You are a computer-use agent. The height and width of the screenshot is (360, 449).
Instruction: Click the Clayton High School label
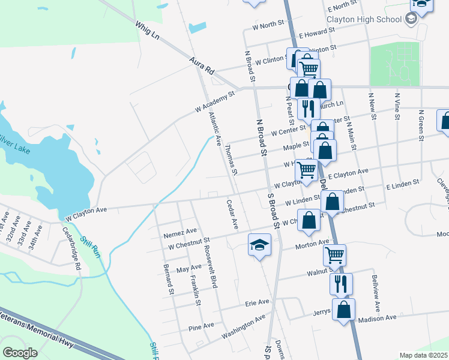point(364,19)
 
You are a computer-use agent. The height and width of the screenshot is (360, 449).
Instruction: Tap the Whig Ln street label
point(147,31)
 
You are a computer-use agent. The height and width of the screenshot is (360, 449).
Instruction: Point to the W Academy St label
point(214,103)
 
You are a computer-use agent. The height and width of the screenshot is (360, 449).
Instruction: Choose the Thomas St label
point(231,159)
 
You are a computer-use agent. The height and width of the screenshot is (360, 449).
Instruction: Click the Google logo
point(20,352)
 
